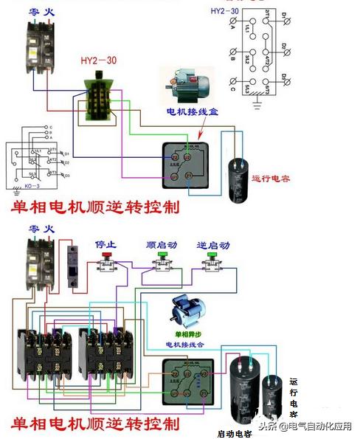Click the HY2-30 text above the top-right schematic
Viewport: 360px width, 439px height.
224,11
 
